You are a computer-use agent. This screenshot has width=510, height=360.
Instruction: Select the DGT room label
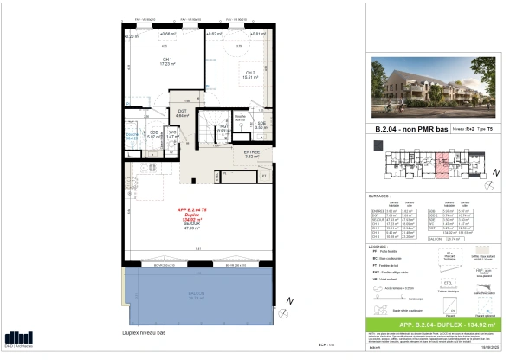point(183,112)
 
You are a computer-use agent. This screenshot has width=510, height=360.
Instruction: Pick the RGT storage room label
point(223,129)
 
